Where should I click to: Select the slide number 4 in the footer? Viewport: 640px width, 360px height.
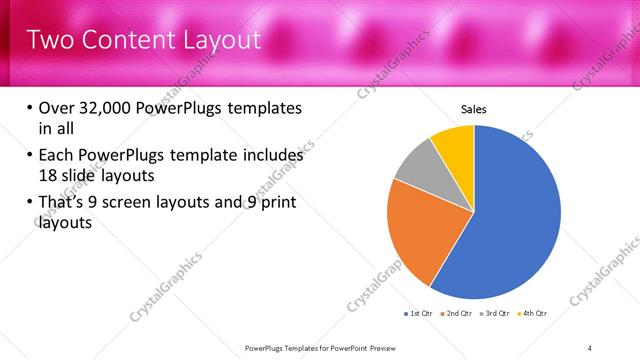click(x=590, y=348)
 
